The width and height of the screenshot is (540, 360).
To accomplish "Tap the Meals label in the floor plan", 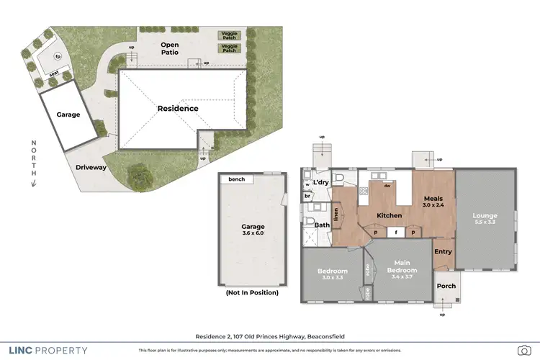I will click(x=432, y=199).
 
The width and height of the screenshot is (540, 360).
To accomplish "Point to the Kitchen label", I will click(x=389, y=215).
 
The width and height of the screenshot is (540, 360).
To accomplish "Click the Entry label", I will click(x=443, y=251).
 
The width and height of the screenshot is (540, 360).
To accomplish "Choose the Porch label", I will click(x=446, y=286).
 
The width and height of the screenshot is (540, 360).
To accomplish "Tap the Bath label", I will click(x=321, y=225).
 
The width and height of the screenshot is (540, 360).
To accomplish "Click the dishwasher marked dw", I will click(x=387, y=186).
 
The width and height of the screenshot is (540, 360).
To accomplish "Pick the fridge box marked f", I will click(x=395, y=233).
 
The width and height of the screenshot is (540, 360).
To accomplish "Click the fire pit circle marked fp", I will click(x=58, y=56).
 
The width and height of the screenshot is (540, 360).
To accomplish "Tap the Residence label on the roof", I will click(x=178, y=109).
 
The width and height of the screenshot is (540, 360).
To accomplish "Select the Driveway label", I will click(x=91, y=167).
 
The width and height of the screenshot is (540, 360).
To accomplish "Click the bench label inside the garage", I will click(x=236, y=179).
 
